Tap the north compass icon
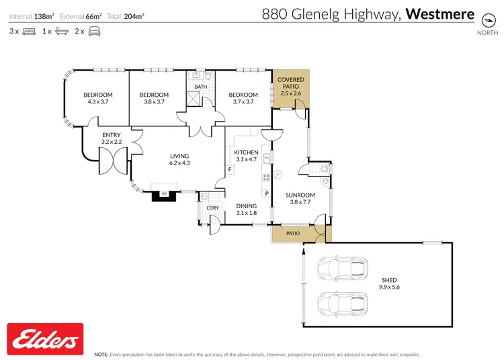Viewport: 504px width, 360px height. (x=487, y=19)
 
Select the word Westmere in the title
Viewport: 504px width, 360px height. (x=441, y=13)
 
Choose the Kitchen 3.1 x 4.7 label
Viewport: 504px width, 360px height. (x=246, y=156)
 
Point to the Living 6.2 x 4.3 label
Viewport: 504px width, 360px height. (x=179, y=159)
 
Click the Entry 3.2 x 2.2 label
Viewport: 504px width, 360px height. (x=112, y=138)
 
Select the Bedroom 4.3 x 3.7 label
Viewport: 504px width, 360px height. (x=97, y=98)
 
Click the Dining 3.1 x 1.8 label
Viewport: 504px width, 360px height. (x=247, y=210)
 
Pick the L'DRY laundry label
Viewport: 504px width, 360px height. (x=212, y=208)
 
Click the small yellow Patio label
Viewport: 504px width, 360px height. (x=293, y=234)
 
